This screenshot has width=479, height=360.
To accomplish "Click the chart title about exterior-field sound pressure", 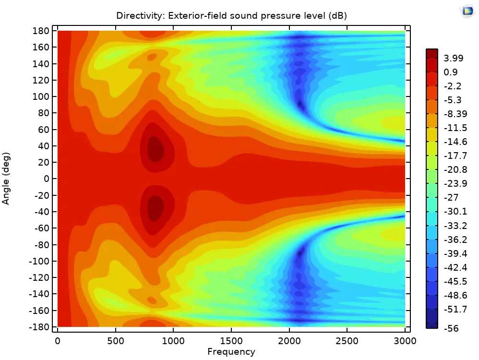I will pyautogui.click(x=231, y=16).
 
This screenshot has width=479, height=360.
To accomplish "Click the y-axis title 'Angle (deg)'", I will pyautogui.click(x=6, y=179).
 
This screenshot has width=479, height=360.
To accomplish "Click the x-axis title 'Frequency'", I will pyautogui.click(x=231, y=352).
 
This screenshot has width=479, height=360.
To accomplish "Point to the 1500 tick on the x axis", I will pyautogui.click(x=231, y=340).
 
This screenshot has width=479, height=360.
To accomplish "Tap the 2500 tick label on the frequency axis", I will pyautogui.click(x=347, y=340).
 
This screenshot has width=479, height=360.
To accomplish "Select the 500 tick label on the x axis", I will pyautogui.click(x=115, y=340).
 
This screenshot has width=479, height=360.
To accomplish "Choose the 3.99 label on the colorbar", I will pyautogui.click(x=454, y=59).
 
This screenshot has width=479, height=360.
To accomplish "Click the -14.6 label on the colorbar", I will pyautogui.click(x=454, y=142).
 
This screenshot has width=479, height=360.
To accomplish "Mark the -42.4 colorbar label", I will pyautogui.click(x=454, y=267).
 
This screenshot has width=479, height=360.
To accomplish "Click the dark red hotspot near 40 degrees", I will pyautogui.click(x=155, y=149).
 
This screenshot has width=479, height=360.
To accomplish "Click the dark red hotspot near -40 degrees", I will pyautogui.click(x=155, y=208).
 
